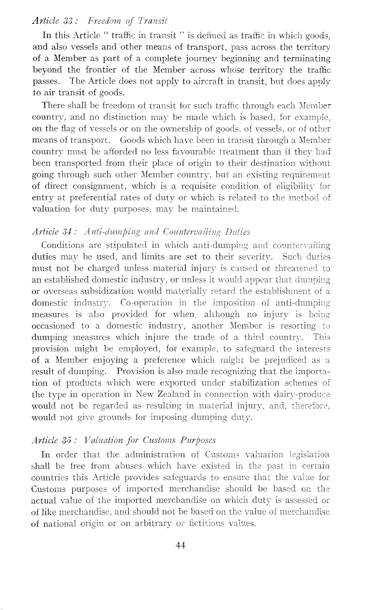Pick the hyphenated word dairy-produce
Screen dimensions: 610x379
pyautogui.click(x=307, y=394)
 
